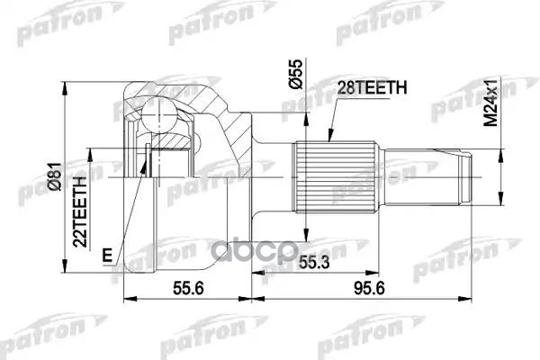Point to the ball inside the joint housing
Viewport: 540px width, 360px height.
[158, 115]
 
